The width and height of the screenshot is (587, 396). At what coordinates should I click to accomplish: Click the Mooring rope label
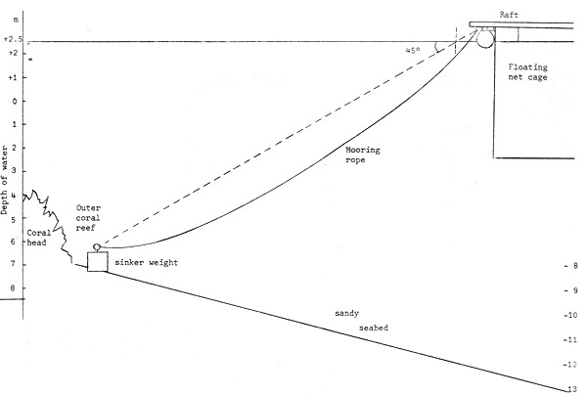click(x=362, y=155)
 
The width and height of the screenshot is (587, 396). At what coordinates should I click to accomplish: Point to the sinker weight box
click(x=97, y=262)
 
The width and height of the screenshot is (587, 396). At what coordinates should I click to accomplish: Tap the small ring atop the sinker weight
click(x=97, y=246)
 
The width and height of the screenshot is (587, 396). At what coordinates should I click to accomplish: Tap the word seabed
click(x=373, y=328)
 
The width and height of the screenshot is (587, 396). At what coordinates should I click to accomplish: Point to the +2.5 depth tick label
click(x=13, y=40)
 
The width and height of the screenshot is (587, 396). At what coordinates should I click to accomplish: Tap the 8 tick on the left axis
click(x=12, y=288)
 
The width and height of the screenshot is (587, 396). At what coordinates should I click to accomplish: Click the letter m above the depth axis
click(x=14, y=20)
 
